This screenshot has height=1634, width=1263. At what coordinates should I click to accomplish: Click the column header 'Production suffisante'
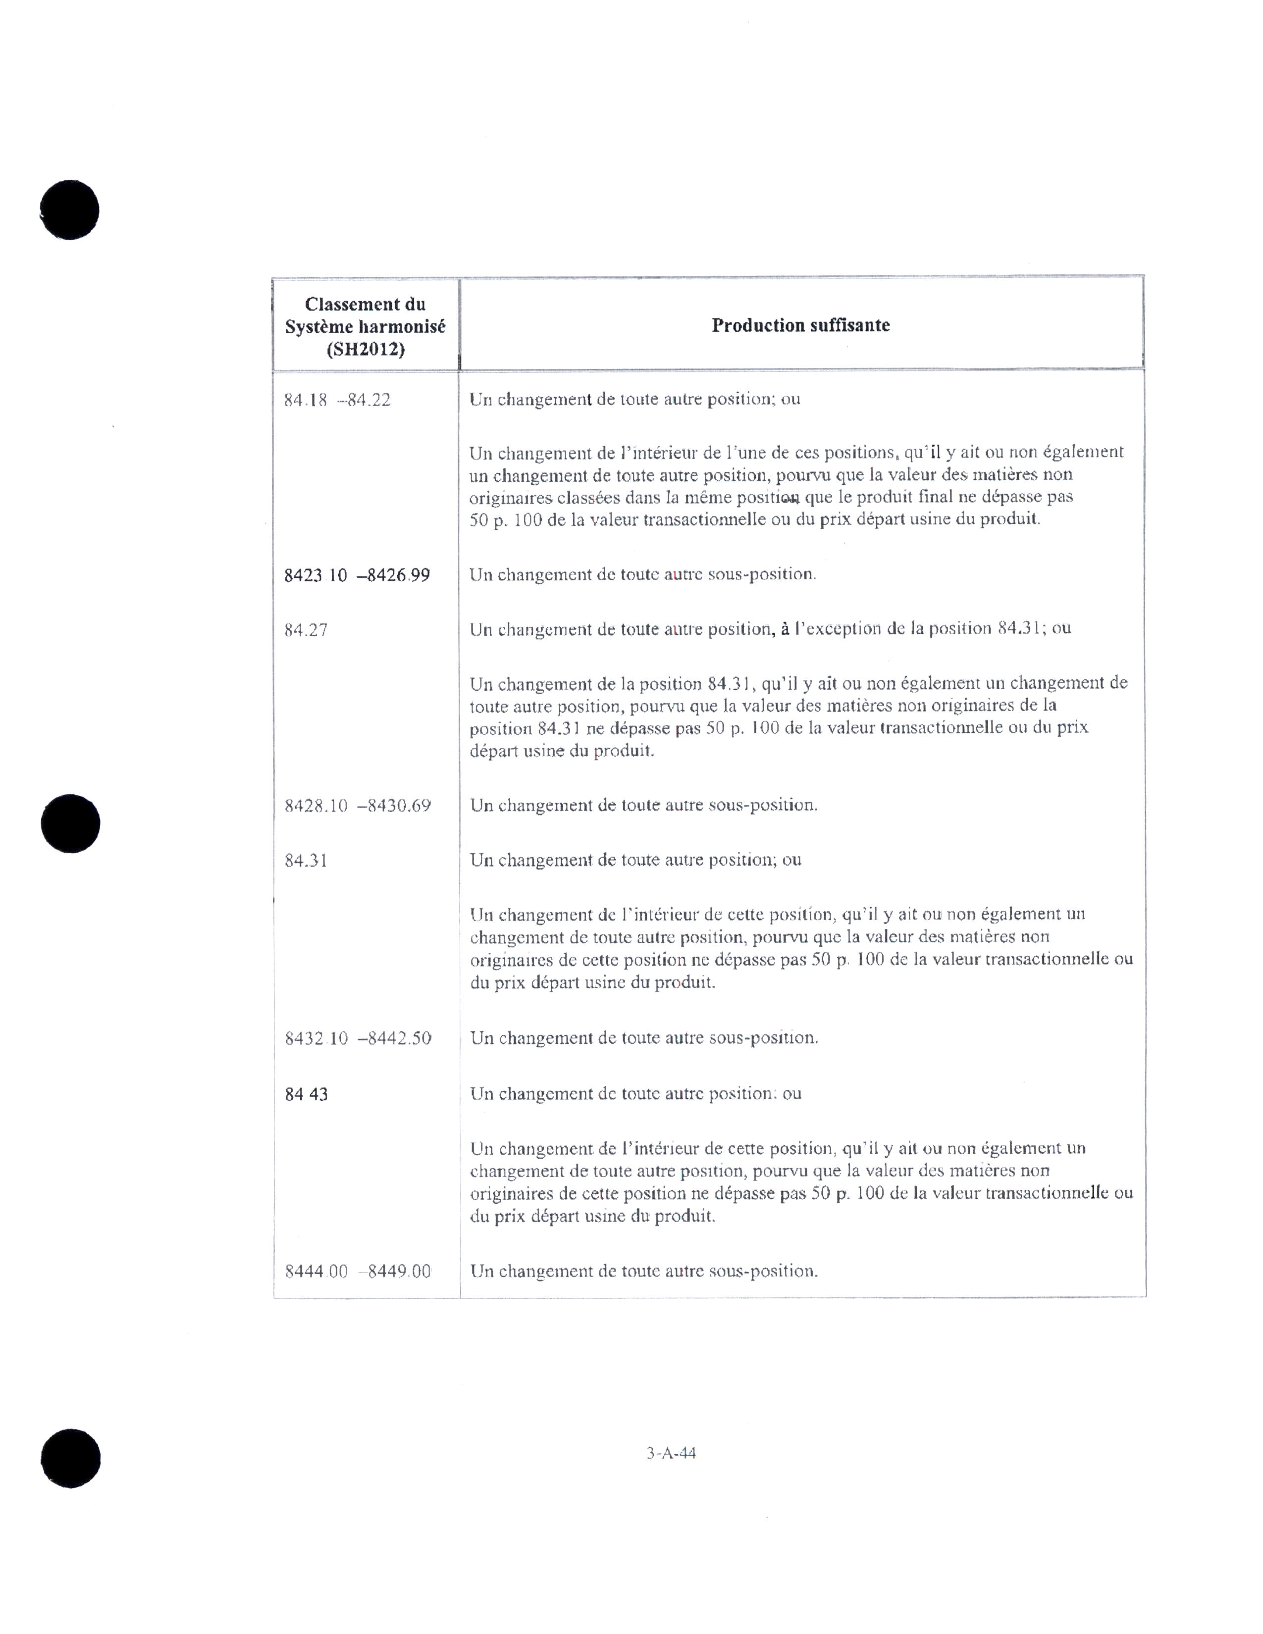[800, 325]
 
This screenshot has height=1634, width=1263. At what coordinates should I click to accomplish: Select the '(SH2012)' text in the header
[365, 350]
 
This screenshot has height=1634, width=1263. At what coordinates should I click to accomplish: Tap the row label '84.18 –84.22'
[337, 400]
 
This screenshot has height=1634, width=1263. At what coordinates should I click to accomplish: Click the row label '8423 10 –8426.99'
[357, 575]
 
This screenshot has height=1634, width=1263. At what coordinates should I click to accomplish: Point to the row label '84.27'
[306, 630]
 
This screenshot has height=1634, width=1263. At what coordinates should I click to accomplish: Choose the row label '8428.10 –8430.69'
[358, 806]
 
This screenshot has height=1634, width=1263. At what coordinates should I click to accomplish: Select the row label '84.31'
[306, 861]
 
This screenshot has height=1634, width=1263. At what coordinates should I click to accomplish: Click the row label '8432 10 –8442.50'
[358, 1038]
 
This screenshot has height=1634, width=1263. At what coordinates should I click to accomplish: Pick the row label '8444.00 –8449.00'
[358, 1271]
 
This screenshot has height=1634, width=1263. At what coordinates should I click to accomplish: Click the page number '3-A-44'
[671, 1453]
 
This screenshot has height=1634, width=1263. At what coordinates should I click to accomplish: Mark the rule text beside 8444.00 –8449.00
[643, 1271]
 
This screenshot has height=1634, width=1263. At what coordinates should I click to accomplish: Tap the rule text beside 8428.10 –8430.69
[643, 806]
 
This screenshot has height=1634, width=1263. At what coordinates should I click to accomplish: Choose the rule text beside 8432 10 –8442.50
[643, 1038]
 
